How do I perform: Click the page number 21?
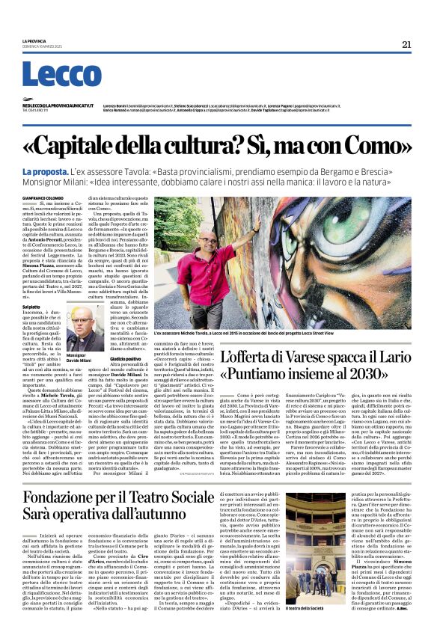tap(406, 44)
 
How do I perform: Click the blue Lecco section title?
tap(52, 75)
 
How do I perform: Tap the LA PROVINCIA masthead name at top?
tap(34, 41)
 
